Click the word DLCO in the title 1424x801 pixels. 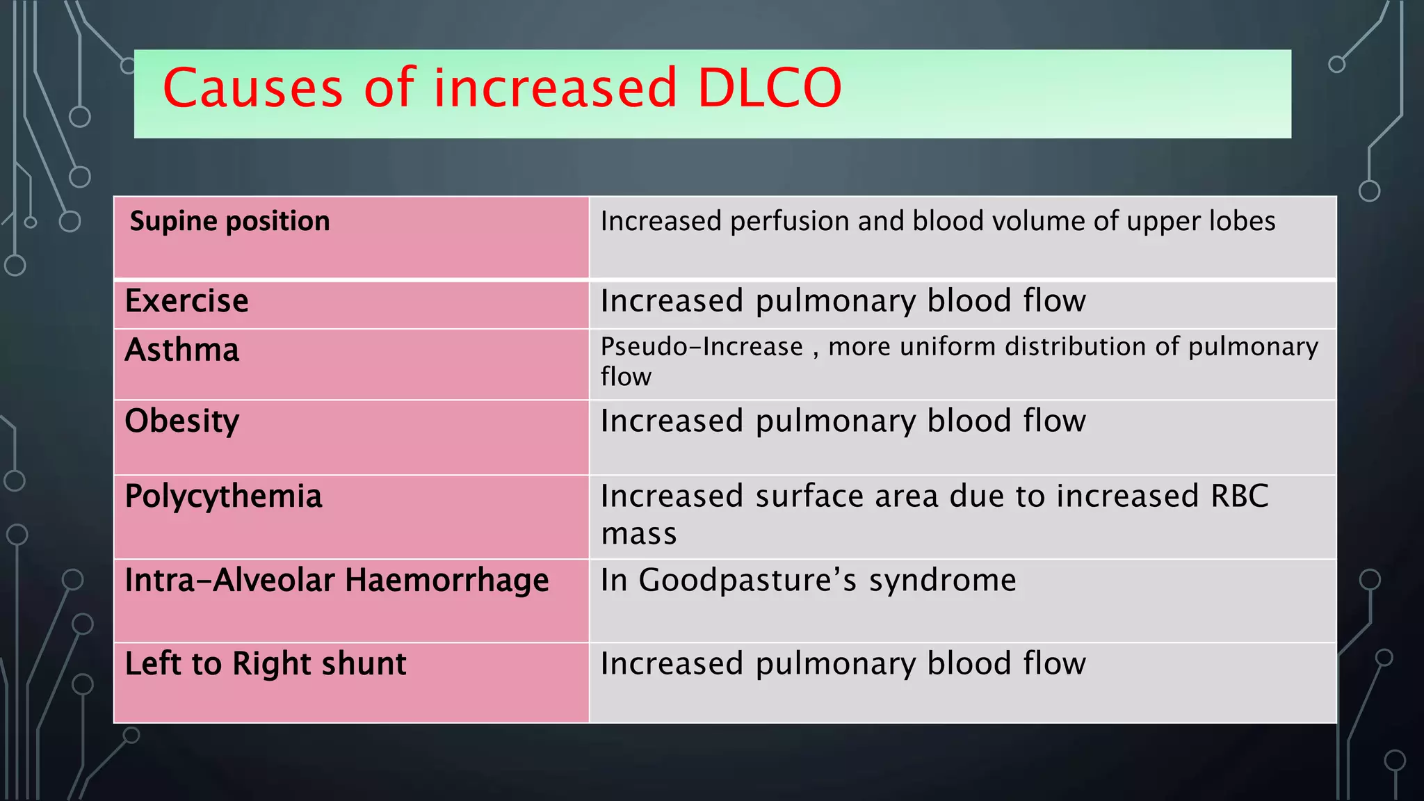(x=769, y=88)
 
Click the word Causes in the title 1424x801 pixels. (x=253, y=88)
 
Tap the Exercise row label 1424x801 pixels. (x=186, y=301)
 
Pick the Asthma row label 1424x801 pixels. (x=181, y=350)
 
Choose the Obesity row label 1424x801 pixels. (x=181, y=421)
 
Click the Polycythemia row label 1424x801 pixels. (x=223, y=497)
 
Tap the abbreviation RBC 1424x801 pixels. (x=1239, y=496)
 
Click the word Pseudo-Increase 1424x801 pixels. (x=702, y=346)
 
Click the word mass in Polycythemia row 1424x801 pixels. (x=638, y=535)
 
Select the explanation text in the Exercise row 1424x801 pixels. (x=843, y=301)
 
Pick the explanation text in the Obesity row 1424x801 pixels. (x=843, y=421)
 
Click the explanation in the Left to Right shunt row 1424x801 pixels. (x=843, y=664)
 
